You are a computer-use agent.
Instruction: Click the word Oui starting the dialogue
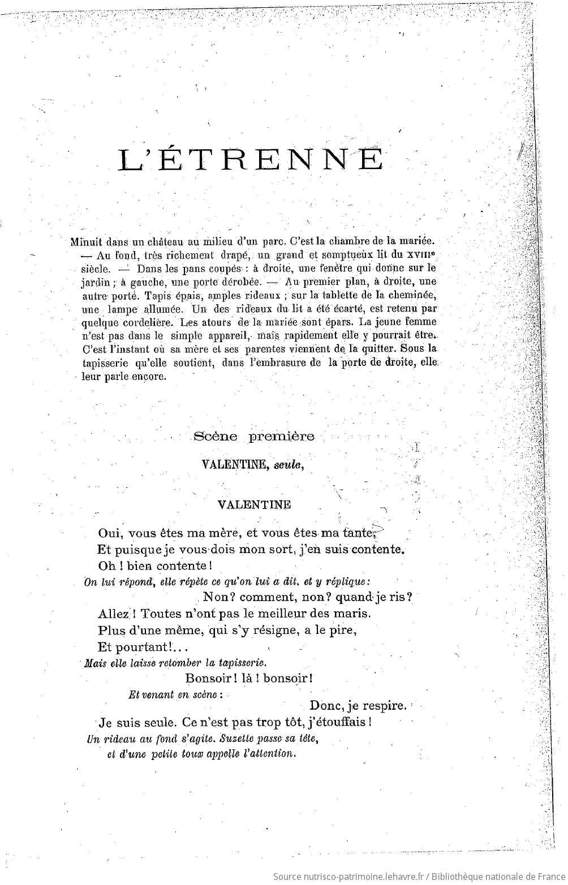click(110, 533)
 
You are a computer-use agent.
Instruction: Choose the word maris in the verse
click(349, 613)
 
